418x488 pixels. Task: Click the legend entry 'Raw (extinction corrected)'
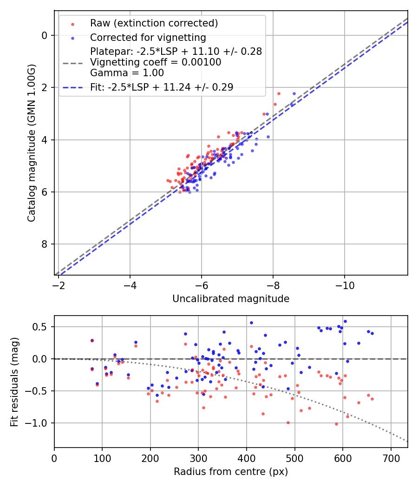pyautogui.click(x=154, y=23)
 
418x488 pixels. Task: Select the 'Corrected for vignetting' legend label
pyautogui.click(x=148, y=37)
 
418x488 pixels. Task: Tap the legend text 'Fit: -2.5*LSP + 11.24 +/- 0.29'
pyautogui.click(x=161, y=87)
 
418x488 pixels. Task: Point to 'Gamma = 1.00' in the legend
pyautogui.click(x=127, y=73)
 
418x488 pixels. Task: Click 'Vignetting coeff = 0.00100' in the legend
pyautogui.click(x=156, y=62)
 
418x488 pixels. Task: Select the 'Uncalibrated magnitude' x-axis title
pyautogui.click(x=231, y=299)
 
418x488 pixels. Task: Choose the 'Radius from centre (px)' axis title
pyautogui.click(x=231, y=472)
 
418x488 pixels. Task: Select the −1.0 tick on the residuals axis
pyautogui.click(x=38, y=423)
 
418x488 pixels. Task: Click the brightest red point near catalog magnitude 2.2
pyautogui.click(x=279, y=93)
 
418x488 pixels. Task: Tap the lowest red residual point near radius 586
pyautogui.click(x=336, y=424)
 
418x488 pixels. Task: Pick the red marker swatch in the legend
pyautogui.click(x=72, y=23)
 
